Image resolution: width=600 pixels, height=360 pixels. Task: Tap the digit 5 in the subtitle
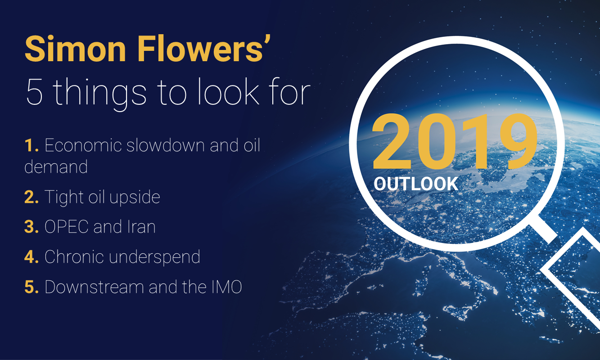pyautogui.click(x=35, y=92)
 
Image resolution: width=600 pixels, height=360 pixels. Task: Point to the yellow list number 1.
pyautogui.click(x=31, y=145)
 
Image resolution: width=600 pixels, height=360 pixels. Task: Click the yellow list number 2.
pyautogui.click(x=32, y=197)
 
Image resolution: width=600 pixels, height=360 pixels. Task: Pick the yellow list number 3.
pyautogui.click(x=32, y=227)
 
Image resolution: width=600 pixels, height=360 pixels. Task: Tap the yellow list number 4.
pyautogui.click(x=32, y=257)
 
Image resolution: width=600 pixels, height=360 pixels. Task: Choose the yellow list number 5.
pyautogui.click(x=32, y=287)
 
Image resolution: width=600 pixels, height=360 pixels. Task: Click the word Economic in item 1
pyautogui.click(x=83, y=145)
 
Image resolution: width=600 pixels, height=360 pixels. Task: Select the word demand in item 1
pyautogui.click(x=56, y=166)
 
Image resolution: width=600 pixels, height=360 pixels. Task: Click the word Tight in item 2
pyautogui.click(x=64, y=198)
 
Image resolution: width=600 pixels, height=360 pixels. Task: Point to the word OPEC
pyautogui.click(x=67, y=227)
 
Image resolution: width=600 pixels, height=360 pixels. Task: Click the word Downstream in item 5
pyautogui.click(x=94, y=287)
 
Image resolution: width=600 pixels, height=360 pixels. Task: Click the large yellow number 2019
pyautogui.click(x=455, y=142)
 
